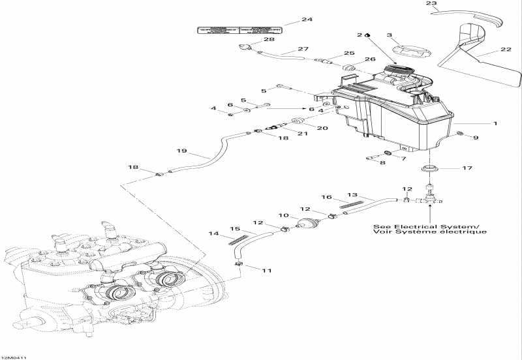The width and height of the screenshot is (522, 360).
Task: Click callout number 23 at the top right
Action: (430, 4)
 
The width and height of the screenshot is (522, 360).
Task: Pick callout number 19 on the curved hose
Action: (182, 151)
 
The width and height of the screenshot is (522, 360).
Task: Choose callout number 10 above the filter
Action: (284, 215)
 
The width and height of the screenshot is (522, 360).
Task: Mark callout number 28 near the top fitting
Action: (251, 39)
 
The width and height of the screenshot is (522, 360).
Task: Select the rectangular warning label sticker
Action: (239, 29)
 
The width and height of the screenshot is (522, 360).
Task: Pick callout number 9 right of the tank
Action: (476, 138)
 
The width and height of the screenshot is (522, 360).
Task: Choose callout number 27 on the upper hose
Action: (303, 49)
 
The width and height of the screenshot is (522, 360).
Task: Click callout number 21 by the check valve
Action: (302, 133)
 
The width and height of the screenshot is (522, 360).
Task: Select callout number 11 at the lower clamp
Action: (266, 269)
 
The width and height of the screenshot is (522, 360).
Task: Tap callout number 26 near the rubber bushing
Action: (369, 59)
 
